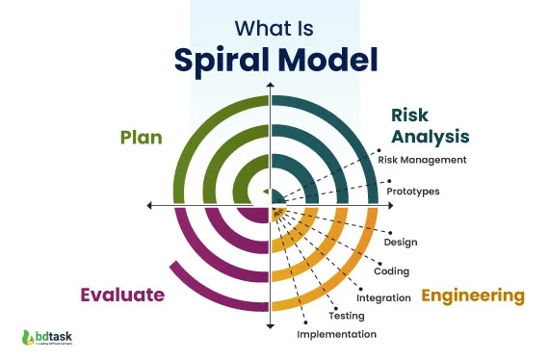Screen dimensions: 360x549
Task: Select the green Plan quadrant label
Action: (141, 137)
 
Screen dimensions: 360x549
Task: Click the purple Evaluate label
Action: (122, 294)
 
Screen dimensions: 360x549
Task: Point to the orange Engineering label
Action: (472, 295)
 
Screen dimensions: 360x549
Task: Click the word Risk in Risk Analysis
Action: (409, 115)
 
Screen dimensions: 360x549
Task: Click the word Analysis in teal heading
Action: (429, 136)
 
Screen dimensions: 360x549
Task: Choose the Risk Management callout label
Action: (422, 160)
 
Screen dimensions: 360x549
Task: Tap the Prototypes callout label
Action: (413, 191)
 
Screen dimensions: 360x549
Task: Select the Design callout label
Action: (400, 242)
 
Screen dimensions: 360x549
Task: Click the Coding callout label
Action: (391, 270)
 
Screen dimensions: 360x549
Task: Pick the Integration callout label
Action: (383, 297)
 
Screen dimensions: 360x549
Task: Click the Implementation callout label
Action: (336, 334)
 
